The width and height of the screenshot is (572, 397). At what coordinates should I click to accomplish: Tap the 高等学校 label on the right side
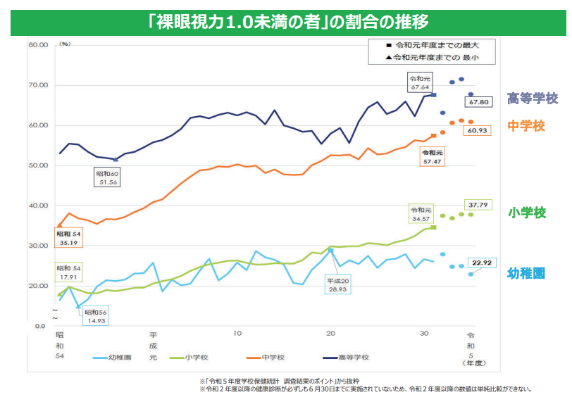[533, 99]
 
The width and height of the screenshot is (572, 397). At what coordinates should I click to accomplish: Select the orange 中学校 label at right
[527, 126]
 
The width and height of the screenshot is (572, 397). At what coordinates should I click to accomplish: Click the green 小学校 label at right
[527, 212]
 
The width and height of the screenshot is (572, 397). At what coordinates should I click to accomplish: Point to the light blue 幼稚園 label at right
[526, 274]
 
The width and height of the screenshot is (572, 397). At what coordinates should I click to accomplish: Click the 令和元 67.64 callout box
[420, 83]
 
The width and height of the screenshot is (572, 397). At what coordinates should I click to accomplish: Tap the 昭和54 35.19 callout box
[68, 238]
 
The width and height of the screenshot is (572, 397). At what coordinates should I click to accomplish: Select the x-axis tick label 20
[331, 332]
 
